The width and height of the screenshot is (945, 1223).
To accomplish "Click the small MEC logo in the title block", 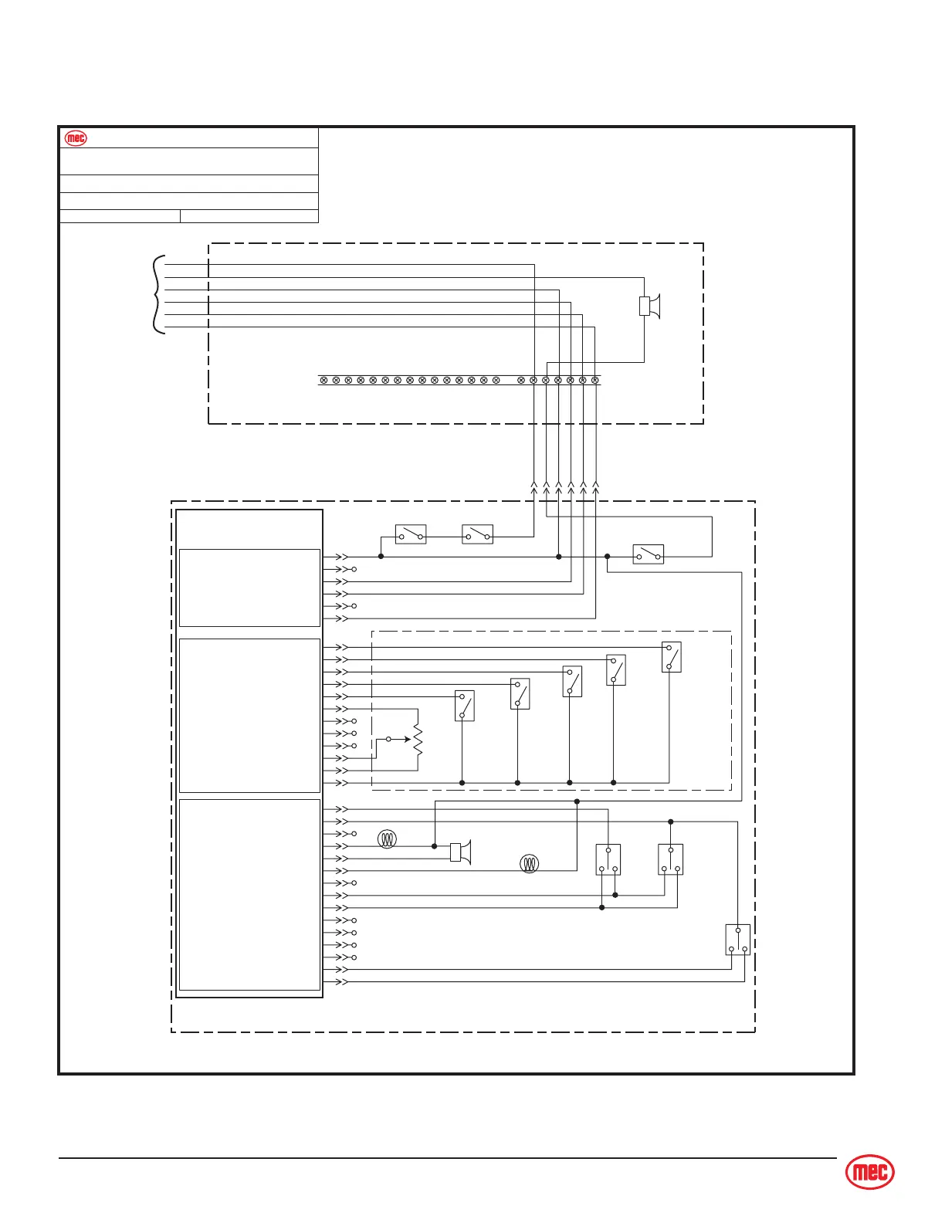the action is coord(76,138).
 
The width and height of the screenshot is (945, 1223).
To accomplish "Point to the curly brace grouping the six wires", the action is coord(158,295).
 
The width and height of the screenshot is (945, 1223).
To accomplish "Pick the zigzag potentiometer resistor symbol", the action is coord(418,740).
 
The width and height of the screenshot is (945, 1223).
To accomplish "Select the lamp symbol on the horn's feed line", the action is coord(387,839).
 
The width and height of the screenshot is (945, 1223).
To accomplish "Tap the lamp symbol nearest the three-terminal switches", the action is coord(529,863).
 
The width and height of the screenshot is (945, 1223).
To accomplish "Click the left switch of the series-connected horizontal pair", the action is coord(411,534).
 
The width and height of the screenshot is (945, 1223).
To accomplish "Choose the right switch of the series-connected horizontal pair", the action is coord(477,534).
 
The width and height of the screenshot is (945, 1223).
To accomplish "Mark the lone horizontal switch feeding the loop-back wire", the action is coord(649,554).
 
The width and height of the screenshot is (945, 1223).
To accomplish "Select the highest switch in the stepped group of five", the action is coord(672,657).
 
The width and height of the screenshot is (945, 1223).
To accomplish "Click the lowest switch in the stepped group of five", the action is coord(464,706).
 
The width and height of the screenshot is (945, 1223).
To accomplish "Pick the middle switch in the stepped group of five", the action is coord(572,682).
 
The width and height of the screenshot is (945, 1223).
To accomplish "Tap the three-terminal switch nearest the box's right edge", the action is coord(738,940).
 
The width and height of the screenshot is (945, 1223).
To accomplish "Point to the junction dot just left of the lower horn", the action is coord(434,846).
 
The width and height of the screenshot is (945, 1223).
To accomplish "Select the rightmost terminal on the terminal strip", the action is coord(594,380).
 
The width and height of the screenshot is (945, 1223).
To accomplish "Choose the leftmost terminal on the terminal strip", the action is coord(323,380).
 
